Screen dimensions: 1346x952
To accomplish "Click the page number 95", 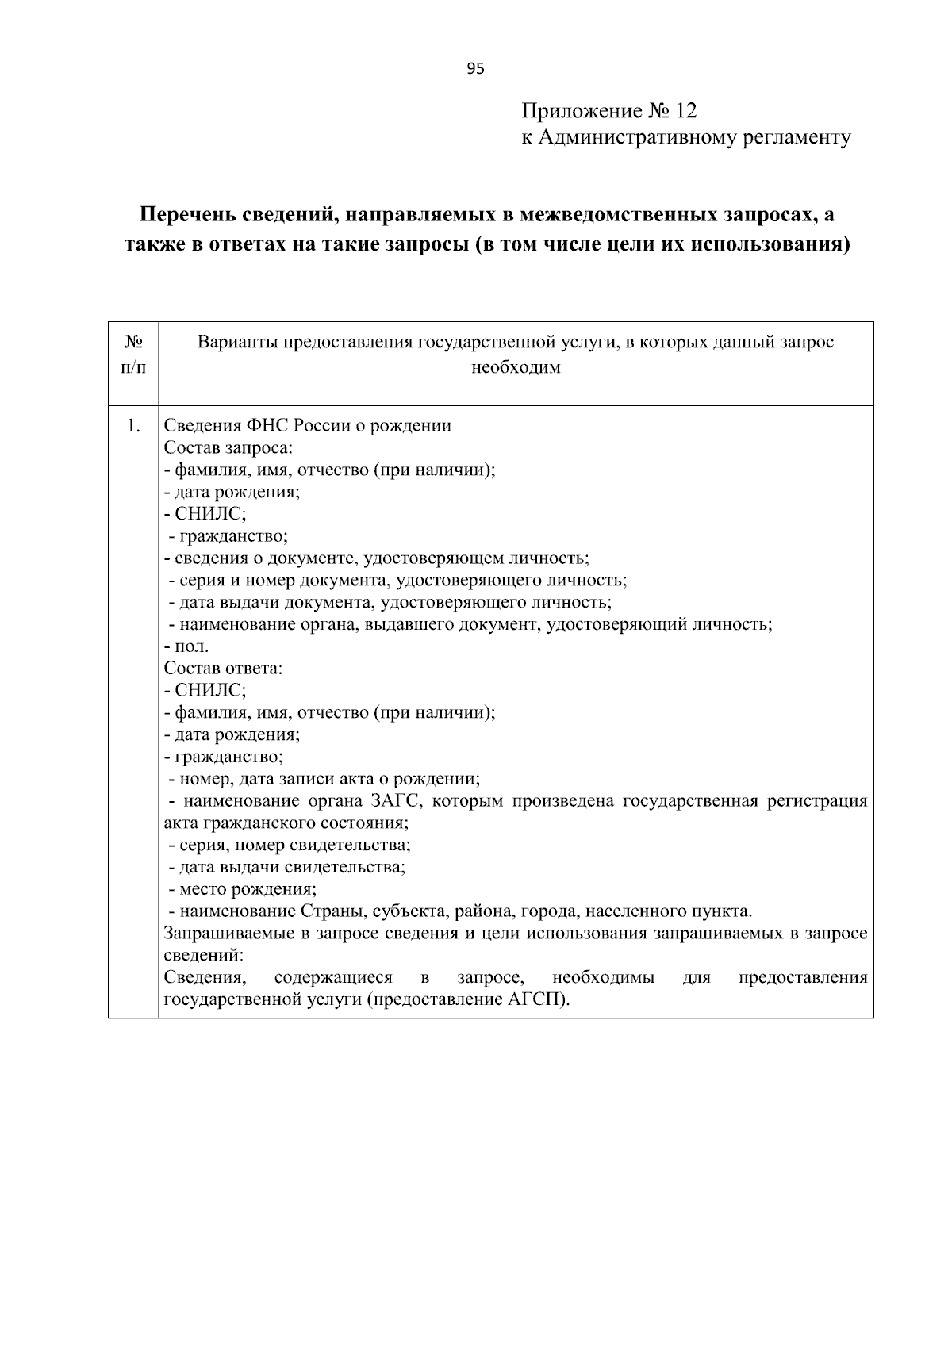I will point(474,68).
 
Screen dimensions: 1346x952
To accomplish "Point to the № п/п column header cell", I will point(133,355).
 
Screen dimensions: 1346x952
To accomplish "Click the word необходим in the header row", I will point(516,368).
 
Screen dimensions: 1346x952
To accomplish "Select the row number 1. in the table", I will point(133,425).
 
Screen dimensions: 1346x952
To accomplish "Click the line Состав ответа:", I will point(223,668).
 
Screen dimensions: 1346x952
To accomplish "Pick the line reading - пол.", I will point(186,646).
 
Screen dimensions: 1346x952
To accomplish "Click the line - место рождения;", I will point(242,888).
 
